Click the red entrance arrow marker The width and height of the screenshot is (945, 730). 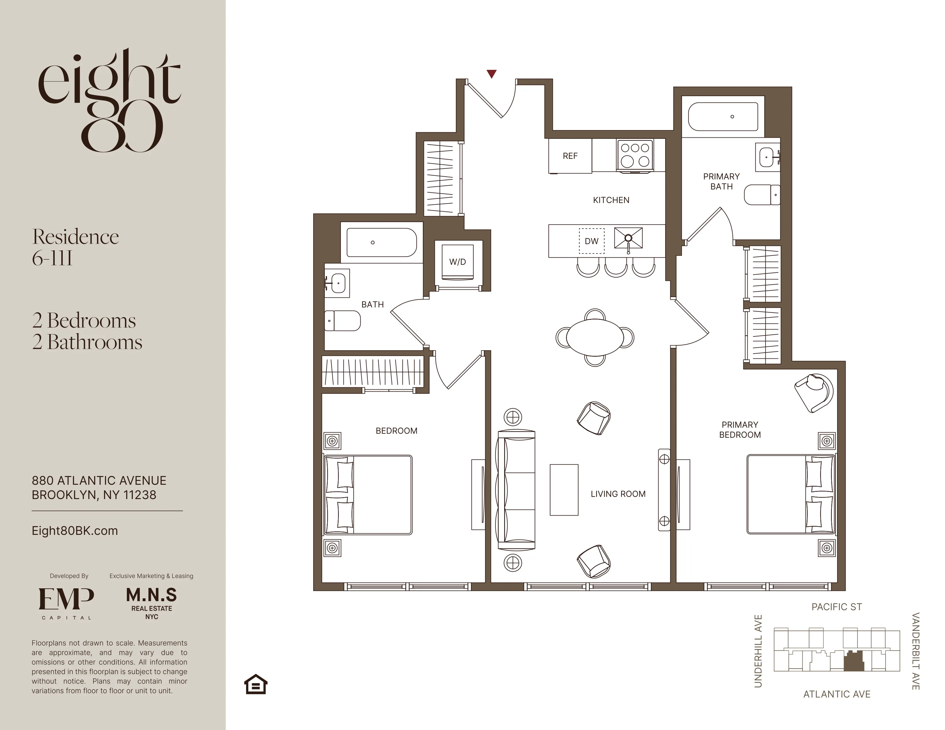[491, 74]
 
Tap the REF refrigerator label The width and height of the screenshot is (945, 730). [570, 156]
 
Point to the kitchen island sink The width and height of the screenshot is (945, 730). [628, 238]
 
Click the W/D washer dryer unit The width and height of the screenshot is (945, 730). [457, 262]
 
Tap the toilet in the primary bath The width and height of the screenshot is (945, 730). [762, 195]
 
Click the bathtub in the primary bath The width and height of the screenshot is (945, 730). [723, 116]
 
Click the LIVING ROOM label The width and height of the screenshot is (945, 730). [618, 494]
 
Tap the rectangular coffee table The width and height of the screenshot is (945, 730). [564, 490]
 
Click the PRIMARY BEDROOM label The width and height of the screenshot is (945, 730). [739, 430]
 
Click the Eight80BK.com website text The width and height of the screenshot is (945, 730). [74, 531]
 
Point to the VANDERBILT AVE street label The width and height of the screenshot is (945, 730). [915, 651]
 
